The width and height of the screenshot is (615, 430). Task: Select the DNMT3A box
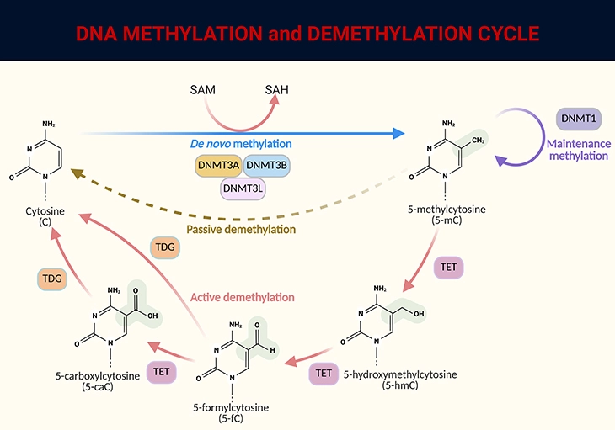[219, 167]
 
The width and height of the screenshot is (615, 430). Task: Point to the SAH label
[279, 90]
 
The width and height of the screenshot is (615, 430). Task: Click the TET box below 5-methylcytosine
[447, 268]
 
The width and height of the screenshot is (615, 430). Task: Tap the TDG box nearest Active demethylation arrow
[163, 247]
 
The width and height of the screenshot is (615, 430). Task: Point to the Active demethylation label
[242, 297]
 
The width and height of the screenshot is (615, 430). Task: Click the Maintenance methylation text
[577, 152]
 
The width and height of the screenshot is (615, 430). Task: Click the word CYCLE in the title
[496, 34]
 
